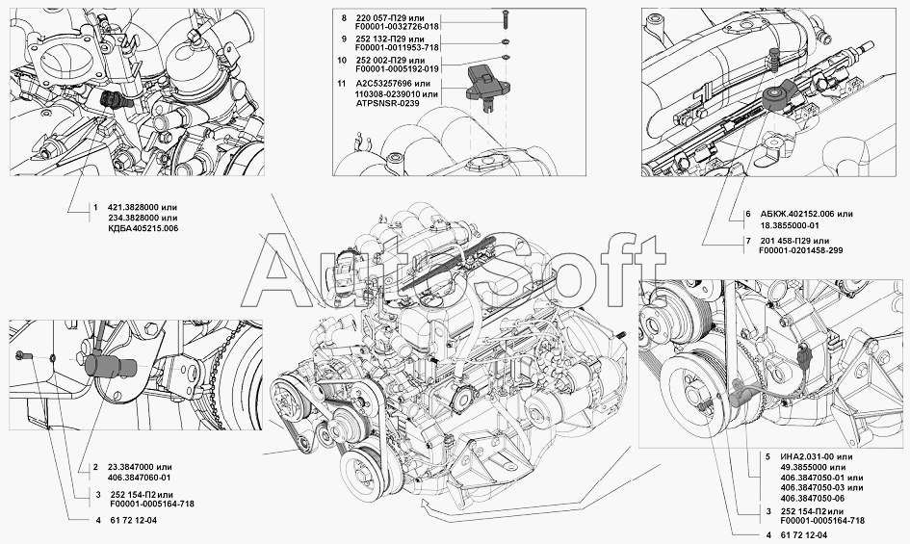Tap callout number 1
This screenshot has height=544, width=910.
coord(95,207)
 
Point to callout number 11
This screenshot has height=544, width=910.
coord(342,84)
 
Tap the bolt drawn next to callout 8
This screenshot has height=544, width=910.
coord(505,20)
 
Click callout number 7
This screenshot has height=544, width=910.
coord(748,241)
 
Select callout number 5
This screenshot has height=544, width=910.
coord(768,456)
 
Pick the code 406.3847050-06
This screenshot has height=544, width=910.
coord(813,498)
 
